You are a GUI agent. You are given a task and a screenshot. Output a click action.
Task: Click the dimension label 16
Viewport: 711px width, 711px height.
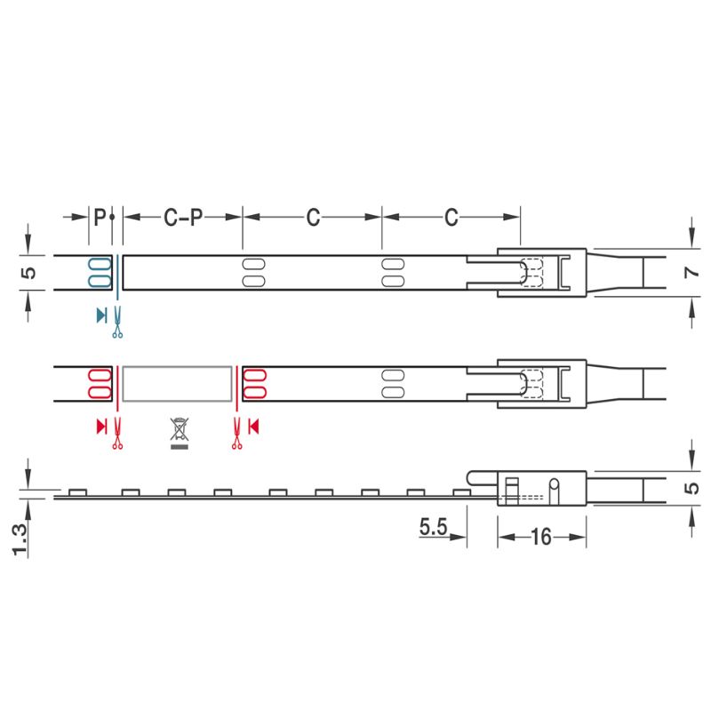click(x=540, y=537)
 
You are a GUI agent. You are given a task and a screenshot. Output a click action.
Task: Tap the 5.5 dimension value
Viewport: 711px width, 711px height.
click(x=433, y=526)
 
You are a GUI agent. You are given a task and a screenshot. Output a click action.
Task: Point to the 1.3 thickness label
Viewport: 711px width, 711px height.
click(x=20, y=539)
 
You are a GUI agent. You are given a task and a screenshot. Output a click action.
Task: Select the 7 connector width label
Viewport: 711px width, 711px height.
click(x=691, y=273)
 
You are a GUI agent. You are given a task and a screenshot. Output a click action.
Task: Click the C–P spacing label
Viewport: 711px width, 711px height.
click(x=183, y=217)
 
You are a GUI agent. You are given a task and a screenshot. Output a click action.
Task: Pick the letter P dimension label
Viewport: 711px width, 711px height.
click(x=100, y=217)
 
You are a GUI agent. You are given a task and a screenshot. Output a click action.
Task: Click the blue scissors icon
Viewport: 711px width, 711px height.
click(x=117, y=323)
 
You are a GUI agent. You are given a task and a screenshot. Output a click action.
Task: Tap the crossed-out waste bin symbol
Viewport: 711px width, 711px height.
click(x=180, y=434)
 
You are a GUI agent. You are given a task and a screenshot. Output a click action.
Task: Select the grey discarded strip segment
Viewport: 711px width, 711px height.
click(x=177, y=384)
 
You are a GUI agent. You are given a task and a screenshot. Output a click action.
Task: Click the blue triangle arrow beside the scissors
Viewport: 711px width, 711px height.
click(x=101, y=316)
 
